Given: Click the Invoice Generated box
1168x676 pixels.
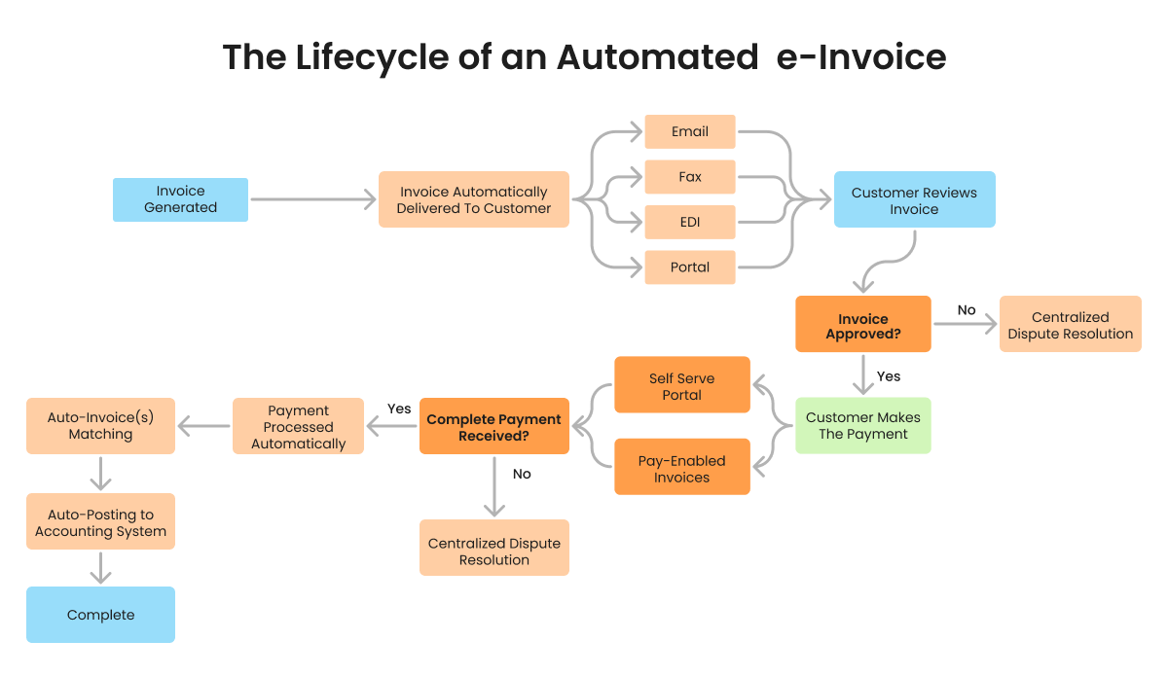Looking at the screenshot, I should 180,199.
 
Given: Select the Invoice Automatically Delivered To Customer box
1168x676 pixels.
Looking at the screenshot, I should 474,199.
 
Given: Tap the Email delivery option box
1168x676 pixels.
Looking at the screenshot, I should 689,131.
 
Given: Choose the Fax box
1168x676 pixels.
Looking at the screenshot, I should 689,177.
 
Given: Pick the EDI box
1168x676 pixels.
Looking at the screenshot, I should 689,222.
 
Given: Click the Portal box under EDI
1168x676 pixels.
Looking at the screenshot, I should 689,267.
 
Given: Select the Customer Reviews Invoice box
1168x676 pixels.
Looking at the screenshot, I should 914,200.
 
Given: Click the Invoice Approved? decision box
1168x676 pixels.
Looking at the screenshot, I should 863,326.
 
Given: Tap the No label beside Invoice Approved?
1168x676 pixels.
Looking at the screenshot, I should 966,310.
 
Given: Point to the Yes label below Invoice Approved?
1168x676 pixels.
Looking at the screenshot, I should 889,376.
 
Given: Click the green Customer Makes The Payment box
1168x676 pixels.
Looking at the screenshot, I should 863,425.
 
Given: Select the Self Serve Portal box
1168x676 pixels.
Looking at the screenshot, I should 681,386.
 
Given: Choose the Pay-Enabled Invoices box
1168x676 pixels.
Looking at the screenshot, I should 681,469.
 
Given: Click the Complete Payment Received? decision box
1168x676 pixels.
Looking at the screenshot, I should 493,427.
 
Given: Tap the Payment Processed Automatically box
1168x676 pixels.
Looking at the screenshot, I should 298,427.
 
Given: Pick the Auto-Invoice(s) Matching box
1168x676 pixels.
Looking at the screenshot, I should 100,425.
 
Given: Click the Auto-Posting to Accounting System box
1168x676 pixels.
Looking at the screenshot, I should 100,522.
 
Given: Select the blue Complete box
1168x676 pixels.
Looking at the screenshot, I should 100,615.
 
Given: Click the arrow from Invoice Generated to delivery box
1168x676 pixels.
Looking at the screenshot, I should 312,199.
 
